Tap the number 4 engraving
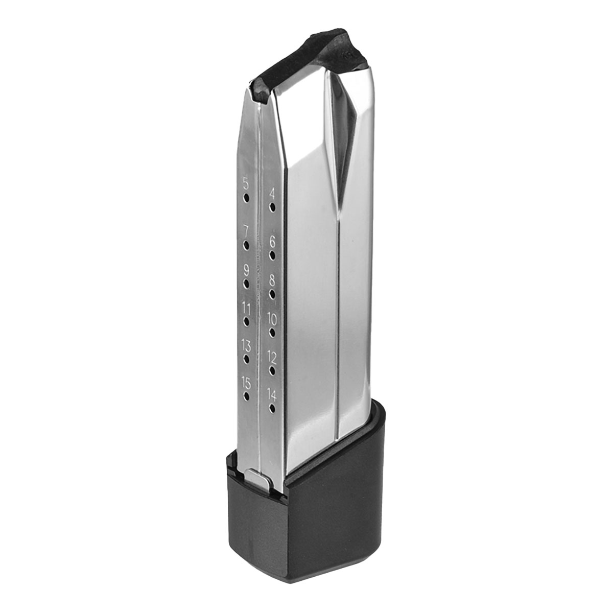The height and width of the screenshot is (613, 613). coord(272,194)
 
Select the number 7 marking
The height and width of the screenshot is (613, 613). coord(246,230)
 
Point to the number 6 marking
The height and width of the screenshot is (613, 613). coord(272,242)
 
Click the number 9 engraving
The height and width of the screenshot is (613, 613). coord(246,269)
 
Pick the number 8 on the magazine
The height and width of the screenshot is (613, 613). coord(272,280)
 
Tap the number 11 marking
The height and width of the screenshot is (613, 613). coord(246,308)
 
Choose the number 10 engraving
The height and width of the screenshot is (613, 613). coord(272,320)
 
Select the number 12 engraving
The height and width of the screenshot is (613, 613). coord(272,357)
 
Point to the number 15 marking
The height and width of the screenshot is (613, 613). coord(246,383)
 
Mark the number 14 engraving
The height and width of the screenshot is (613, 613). coord(272,394)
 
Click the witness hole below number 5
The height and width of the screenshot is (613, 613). coord(246,198)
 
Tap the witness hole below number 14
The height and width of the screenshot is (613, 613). coord(272,408)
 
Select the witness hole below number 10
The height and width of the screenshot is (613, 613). coord(272,333)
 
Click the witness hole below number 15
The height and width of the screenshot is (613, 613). coord(246,396)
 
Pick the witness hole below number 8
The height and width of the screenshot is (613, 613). coord(272,294)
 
